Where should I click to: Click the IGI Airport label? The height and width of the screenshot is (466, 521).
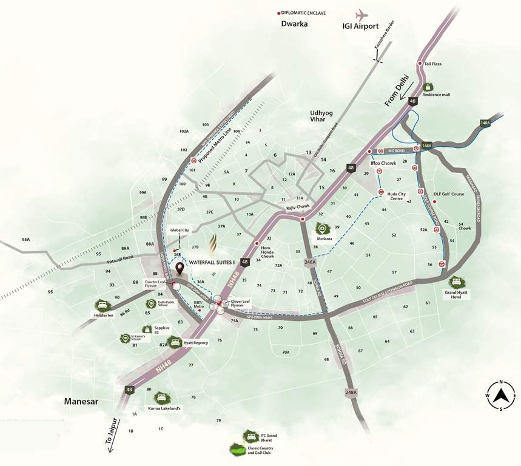360,26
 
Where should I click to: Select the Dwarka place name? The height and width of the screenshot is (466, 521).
295,24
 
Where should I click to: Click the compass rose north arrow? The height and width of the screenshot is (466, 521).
501,396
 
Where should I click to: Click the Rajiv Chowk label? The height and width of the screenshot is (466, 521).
298,207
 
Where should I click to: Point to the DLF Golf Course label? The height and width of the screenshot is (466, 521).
449,194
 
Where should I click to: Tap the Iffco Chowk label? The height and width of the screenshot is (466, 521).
383,164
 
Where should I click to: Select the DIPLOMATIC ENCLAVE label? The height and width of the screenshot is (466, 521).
305,12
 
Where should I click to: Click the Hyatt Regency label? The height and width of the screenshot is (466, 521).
196,343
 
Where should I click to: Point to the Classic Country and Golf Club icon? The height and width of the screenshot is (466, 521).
235,450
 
